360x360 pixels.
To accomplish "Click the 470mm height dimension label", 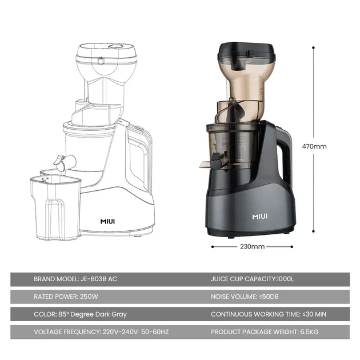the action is coord(314,146).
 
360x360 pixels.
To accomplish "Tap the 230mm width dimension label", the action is coord(253,247).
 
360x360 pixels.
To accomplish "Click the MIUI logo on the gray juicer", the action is coord(259,217).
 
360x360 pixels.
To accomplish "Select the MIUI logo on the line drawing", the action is coord(107,221).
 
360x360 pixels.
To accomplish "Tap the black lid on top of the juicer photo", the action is coord(246,51).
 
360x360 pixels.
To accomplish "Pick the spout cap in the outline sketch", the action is coord(59,161).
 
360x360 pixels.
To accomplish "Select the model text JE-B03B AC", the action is coord(99,279).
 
